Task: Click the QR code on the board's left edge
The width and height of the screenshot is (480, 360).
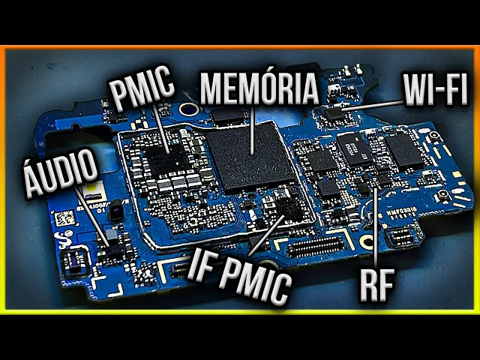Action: pyautogui.click(x=65, y=219)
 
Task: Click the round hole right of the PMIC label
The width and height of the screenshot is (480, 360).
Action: pyautogui.click(x=189, y=110)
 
